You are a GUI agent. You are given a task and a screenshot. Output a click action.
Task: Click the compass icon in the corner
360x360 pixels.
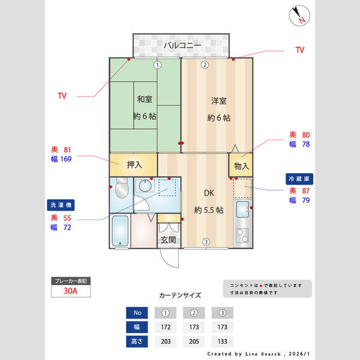pyautogui.click(x=298, y=16)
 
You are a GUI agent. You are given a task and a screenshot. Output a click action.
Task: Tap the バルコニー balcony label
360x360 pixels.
pyautogui.click(x=181, y=45)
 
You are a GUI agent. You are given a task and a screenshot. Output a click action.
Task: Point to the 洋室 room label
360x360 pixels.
pyautogui.click(x=218, y=101)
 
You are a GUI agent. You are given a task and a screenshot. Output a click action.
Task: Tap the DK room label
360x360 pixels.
pyautogui.click(x=209, y=193)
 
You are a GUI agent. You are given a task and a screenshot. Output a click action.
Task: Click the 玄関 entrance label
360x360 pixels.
pyautogui.click(x=168, y=240)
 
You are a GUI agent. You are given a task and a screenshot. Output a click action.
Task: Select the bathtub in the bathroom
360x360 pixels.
pyautogui.click(x=121, y=231)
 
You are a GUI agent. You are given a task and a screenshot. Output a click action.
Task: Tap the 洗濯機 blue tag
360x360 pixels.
pyautogui.click(x=60, y=205)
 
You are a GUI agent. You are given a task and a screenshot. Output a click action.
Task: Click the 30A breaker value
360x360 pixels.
pyautogui.click(x=71, y=292)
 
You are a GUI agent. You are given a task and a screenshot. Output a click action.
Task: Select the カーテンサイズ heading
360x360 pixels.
pyautogui.click(x=180, y=295)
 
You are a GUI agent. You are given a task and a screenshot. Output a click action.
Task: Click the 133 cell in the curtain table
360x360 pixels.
pyautogui.click(x=222, y=341)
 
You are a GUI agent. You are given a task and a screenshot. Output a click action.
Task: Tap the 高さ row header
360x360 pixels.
pyautogui.click(x=136, y=341)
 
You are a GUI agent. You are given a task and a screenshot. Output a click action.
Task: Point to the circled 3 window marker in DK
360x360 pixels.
pyautogui.click(x=205, y=242)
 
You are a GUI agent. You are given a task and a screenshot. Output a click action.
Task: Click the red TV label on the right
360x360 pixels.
pyautogui.click(x=299, y=50)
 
